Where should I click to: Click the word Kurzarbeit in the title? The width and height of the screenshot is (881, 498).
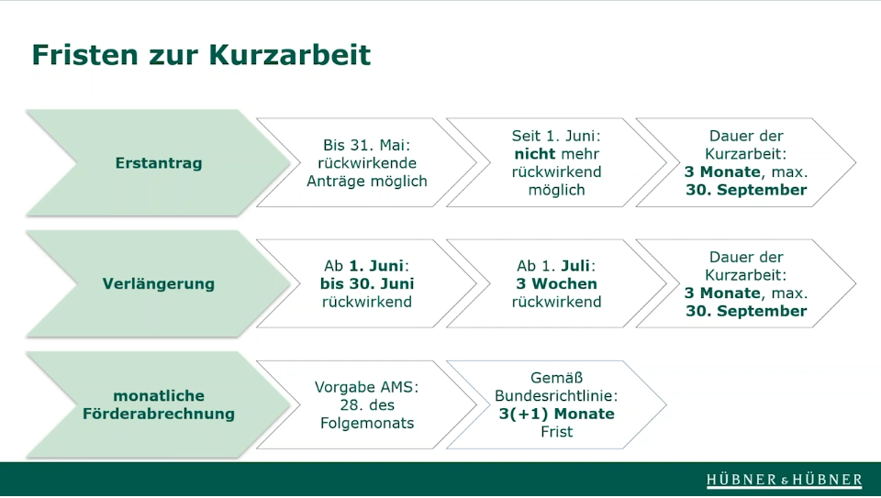(289, 54)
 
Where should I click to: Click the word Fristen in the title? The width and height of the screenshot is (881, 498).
(84, 54)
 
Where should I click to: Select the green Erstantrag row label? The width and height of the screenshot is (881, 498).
(159, 163)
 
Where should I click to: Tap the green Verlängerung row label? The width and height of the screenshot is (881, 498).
(159, 283)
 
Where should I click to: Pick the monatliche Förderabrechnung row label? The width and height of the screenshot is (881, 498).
(159, 404)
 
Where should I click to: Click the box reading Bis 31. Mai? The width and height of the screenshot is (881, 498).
(366, 163)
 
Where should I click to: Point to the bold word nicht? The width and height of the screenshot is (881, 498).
(534, 154)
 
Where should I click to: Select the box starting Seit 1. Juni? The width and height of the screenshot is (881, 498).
(556, 163)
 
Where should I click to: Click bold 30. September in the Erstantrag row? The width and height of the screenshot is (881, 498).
(746, 190)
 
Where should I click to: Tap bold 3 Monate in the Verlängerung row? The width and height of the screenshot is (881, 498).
(722, 293)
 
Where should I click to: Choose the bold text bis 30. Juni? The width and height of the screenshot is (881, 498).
(367, 283)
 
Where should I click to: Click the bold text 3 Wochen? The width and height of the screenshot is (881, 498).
(556, 283)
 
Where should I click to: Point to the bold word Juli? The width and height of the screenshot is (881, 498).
(576, 266)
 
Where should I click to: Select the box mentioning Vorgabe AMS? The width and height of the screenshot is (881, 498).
(366, 404)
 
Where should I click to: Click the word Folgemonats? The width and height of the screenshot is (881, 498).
(367, 423)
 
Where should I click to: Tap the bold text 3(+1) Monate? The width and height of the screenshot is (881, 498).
(556, 414)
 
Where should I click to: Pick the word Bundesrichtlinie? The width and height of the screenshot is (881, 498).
(556, 396)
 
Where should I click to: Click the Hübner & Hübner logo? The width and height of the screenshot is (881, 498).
(785, 480)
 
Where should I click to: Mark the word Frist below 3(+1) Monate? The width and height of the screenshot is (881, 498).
(557, 432)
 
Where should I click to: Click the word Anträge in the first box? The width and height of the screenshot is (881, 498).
(332, 182)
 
